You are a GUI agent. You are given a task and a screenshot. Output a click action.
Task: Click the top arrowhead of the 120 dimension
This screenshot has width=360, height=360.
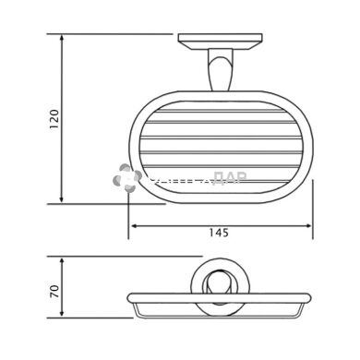tap(63, 40)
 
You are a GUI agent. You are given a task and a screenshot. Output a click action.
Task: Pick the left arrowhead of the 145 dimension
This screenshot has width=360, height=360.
tap(132, 226)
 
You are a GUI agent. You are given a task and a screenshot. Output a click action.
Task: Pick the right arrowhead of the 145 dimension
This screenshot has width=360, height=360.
tap(309, 226)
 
